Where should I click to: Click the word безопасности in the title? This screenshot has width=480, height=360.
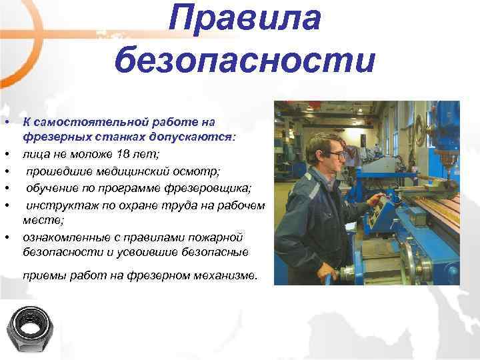[x=245, y=61]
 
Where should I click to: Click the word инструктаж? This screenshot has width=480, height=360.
[x=57, y=204]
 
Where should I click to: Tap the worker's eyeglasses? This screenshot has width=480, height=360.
[x=337, y=155]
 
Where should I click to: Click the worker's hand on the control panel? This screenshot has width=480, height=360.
[x=378, y=199]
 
